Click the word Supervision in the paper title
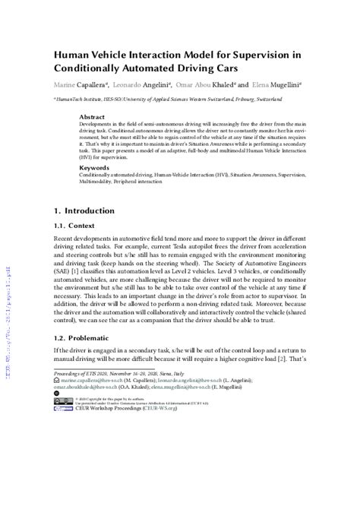click(x=265, y=54)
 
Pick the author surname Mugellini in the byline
click(x=281, y=86)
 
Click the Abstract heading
click(x=93, y=118)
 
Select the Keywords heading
click(x=95, y=167)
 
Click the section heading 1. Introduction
click(x=84, y=210)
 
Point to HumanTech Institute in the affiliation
click(x=82, y=100)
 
